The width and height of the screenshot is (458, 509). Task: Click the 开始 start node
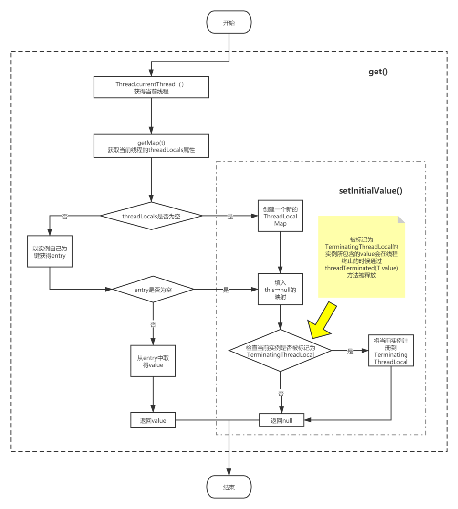pyautogui.click(x=229, y=23)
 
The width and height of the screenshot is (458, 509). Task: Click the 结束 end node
pyautogui.click(x=229, y=488)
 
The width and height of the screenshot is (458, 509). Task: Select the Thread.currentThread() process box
pyautogui.click(x=151, y=88)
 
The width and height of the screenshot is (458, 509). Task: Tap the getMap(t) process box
pyautogui.click(x=151, y=146)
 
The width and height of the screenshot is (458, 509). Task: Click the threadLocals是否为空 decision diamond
pyautogui.click(x=151, y=216)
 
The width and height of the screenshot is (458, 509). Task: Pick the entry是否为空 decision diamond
pyautogui.click(x=153, y=289)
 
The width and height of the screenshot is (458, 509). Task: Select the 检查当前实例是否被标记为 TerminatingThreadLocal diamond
pyautogui.click(x=280, y=351)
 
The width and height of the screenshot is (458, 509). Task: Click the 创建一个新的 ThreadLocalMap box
pyautogui.click(x=280, y=216)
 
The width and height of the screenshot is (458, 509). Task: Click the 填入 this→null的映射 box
pyautogui.click(x=280, y=290)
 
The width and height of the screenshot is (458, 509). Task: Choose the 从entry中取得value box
pyautogui.click(x=153, y=361)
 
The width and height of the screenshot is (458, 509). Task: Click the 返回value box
pyautogui.click(x=153, y=421)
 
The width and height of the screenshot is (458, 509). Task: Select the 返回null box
pyautogui.click(x=281, y=420)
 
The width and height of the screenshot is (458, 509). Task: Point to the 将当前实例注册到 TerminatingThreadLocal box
pyautogui.click(x=391, y=351)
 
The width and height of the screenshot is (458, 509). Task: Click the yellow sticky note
pyautogui.click(x=361, y=257)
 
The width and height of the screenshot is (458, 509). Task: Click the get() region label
pyautogui.click(x=378, y=72)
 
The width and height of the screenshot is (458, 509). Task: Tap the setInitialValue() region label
pyautogui.click(x=371, y=191)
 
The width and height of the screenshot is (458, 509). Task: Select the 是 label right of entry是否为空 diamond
pyautogui.click(x=226, y=289)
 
